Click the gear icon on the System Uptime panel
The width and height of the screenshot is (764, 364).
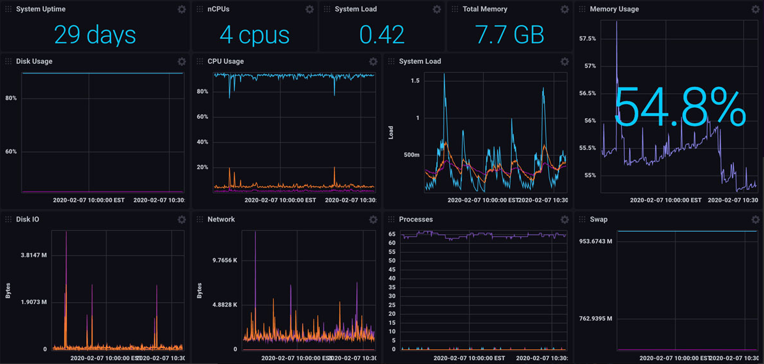pos(182,10)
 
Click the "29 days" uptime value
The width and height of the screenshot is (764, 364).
pos(94,34)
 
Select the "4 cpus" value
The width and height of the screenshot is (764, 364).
pos(254,34)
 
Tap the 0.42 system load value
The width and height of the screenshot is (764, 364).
pos(382,34)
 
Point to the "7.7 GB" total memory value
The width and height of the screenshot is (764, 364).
pos(509,34)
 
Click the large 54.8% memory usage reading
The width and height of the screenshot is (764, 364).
pos(680,109)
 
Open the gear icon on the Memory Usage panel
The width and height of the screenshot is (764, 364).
pos(756,10)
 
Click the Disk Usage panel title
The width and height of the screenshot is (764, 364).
pos(34,61)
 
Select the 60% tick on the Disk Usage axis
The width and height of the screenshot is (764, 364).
pos(11,152)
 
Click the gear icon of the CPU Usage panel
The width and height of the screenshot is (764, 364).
pos(373,62)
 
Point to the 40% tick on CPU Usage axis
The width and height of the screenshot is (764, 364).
pos(202,142)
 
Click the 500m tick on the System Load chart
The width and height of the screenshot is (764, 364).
pos(412,155)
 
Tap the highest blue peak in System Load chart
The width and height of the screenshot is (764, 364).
pos(444,75)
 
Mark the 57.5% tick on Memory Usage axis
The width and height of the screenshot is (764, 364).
pos(587,39)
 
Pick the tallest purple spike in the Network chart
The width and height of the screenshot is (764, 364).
pos(255,232)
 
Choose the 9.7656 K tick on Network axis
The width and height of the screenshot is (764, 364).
pos(225,261)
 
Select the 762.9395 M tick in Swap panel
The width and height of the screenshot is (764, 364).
pos(595,319)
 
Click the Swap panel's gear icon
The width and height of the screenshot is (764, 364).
pos(756,220)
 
